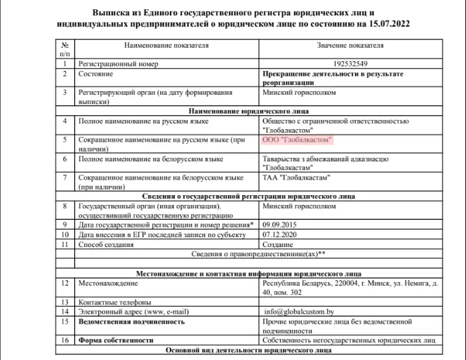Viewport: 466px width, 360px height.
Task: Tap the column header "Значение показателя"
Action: [x=350, y=46]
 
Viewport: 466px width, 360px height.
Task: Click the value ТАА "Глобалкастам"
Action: [x=295, y=178]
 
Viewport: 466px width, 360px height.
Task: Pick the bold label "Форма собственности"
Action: [x=115, y=340]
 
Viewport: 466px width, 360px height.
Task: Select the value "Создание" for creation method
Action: [x=277, y=244]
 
